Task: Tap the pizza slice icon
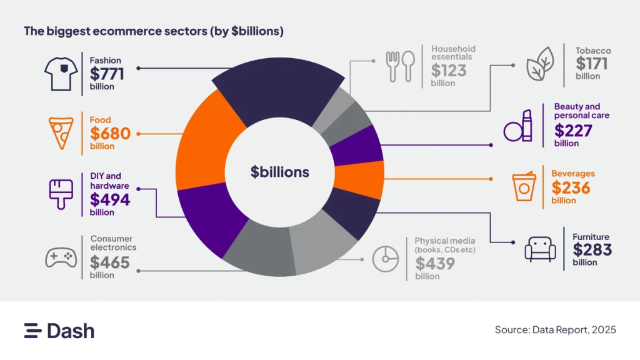[x=61, y=133]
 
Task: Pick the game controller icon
[x=61, y=257]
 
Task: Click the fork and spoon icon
[x=401, y=65]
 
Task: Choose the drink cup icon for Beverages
[x=524, y=186]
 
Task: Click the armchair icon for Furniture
[x=539, y=249]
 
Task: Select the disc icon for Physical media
[x=386, y=258]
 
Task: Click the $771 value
[x=107, y=74]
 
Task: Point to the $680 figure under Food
[x=110, y=134]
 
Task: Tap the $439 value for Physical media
[x=435, y=263]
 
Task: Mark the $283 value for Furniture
[x=592, y=250]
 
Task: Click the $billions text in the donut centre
[x=279, y=172]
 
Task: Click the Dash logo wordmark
[x=59, y=331]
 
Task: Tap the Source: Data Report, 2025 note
[x=555, y=329]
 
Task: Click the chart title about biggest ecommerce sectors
[x=154, y=31]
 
